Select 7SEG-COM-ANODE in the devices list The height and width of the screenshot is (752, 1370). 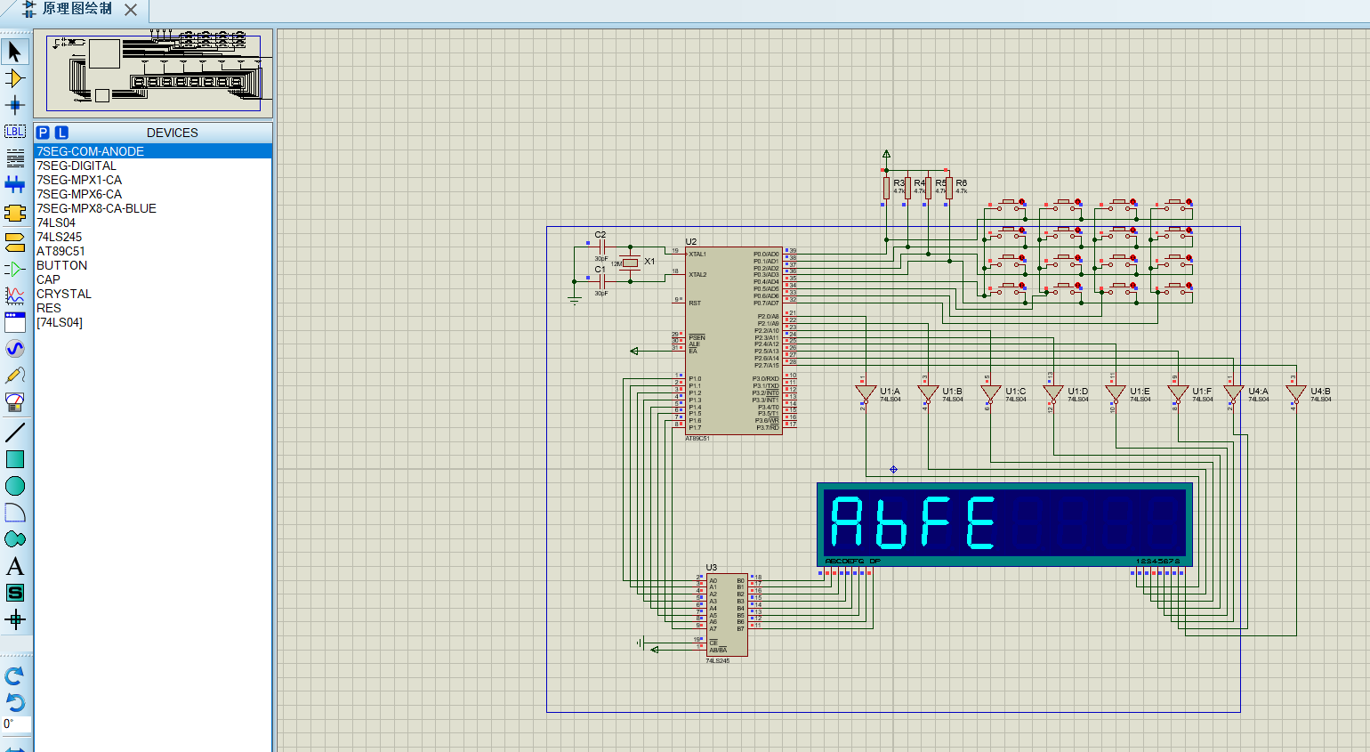click(x=90, y=151)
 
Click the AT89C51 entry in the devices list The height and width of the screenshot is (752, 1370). click(x=60, y=251)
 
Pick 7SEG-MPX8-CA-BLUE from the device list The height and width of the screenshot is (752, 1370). click(x=96, y=208)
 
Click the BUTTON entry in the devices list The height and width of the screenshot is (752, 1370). click(x=61, y=265)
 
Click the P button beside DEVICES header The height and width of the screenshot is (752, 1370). click(x=43, y=133)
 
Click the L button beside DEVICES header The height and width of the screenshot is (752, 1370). click(x=61, y=133)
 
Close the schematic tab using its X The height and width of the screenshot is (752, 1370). click(x=131, y=10)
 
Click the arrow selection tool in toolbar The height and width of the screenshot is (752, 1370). click(x=14, y=52)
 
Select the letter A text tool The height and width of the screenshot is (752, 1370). click(x=14, y=567)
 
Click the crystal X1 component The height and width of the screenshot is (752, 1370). click(x=631, y=263)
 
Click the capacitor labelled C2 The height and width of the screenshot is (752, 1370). click(x=601, y=247)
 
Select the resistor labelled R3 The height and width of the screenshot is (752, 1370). click(x=887, y=188)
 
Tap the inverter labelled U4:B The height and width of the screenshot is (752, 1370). click(x=1295, y=392)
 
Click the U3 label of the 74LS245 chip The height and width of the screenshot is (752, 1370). click(x=711, y=567)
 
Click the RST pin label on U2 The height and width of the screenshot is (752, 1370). click(x=695, y=303)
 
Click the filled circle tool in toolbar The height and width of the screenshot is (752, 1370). click(x=14, y=486)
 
